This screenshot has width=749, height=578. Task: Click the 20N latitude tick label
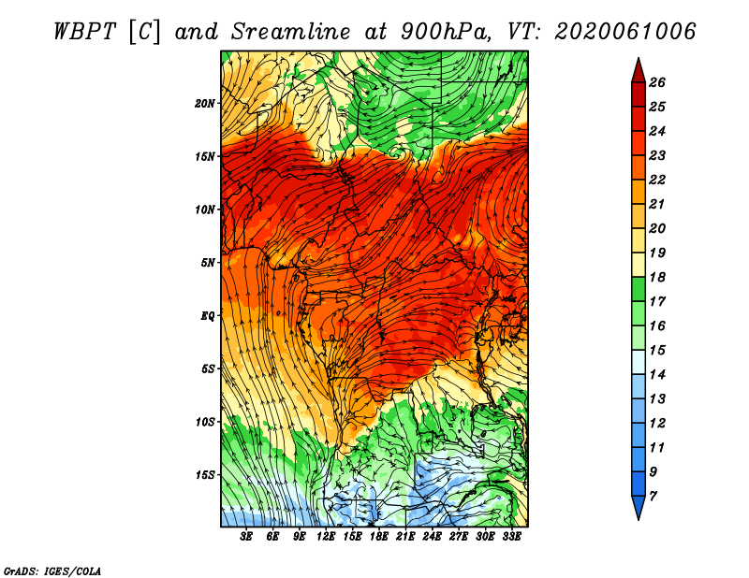(205, 103)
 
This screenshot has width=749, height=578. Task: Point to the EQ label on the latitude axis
(207, 315)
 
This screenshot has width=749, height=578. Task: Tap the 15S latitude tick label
(205, 475)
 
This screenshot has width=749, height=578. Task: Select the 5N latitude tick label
(208, 263)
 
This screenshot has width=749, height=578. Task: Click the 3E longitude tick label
(246, 537)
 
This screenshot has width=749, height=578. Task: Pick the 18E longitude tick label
(379, 537)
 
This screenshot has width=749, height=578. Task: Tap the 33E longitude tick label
(511, 537)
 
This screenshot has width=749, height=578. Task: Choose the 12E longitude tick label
(326, 537)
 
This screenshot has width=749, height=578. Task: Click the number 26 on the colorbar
(657, 82)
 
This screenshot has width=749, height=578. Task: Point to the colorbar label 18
(657, 277)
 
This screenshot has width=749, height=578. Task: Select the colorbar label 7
(653, 497)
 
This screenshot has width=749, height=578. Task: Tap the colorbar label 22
(657, 180)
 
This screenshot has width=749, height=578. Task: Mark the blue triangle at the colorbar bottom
(639, 506)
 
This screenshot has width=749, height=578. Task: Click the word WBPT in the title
(85, 32)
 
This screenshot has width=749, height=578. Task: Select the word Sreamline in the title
(291, 32)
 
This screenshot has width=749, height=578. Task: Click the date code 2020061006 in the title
(624, 32)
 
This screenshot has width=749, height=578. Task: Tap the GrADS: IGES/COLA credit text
(52, 571)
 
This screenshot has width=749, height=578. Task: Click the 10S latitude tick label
(205, 422)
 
